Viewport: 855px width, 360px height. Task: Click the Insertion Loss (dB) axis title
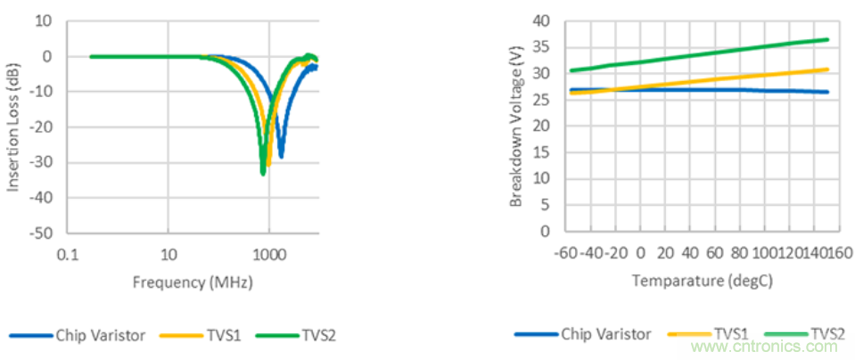pyautogui.click(x=14, y=127)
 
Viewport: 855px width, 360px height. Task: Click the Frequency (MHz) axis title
pyautogui.click(x=192, y=282)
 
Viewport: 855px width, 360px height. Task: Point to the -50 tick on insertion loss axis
pyautogui.click(x=41, y=233)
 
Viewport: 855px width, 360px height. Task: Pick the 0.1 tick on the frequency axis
pyautogui.click(x=67, y=256)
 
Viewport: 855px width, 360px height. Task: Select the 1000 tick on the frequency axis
pyautogui.click(x=268, y=256)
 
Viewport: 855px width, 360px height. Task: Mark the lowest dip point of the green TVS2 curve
pyautogui.click(x=263, y=172)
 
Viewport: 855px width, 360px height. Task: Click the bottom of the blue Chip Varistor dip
pyautogui.click(x=281, y=157)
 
